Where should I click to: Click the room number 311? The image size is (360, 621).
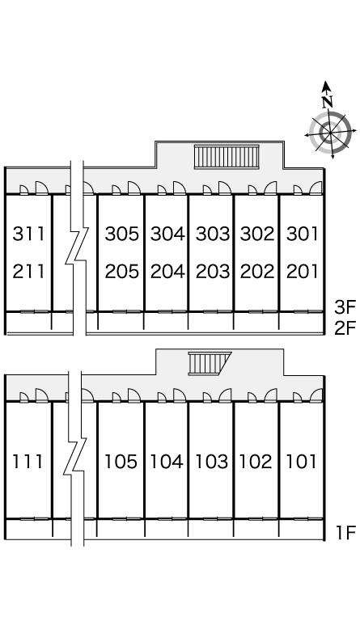click(x=28, y=234)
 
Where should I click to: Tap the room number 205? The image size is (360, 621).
click(x=121, y=272)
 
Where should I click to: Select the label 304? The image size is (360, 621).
click(x=167, y=234)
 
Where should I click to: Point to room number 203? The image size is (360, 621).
click(x=213, y=272)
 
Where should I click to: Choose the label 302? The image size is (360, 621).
click(x=257, y=234)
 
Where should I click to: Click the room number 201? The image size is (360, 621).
click(x=303, y=272)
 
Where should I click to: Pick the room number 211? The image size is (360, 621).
click(x=28, y=272)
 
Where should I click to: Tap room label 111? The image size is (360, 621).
click(x=28, y=462)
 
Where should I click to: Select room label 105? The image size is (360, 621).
click(x=121, y=462)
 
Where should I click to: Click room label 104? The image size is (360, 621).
click(x=167, y=462)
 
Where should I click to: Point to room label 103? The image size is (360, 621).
click(x=212, y=462)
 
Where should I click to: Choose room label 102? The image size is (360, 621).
click(x=256, y=462)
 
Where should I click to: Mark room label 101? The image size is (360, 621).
click(x=301, y=462)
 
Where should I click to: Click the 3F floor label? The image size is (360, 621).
click(x=345, y=306)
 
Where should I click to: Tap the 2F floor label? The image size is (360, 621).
click(x=345, y=328)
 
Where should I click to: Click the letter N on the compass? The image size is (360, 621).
click(x=327, y=102)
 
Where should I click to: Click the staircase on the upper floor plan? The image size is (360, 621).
click(x=227, y=157)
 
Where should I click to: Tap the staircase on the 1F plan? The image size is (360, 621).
click(x=209, y=363)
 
